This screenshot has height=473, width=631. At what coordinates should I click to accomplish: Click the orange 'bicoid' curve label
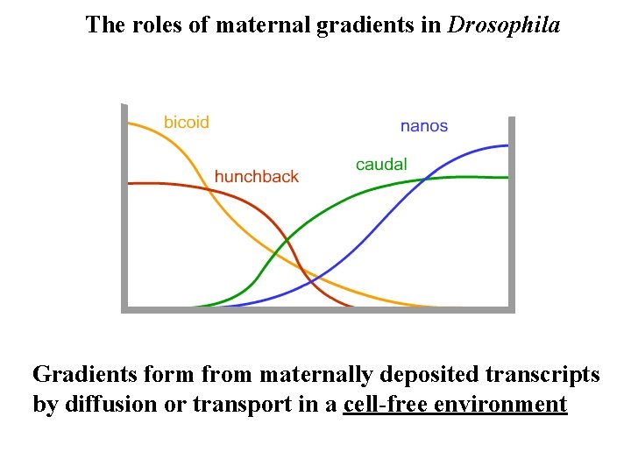tap(186, 123)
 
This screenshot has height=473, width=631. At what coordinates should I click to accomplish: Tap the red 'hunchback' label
tap(256, 177)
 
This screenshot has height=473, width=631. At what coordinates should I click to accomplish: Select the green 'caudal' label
tap(381, 165)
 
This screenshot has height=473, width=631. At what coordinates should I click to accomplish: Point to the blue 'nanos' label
tap(424, 126)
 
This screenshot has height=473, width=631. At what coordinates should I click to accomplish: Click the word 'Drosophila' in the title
tap(504, 25)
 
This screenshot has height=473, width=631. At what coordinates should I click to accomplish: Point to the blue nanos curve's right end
tap(507, 145)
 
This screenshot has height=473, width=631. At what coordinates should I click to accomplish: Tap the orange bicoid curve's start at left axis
tap(129, 124)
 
